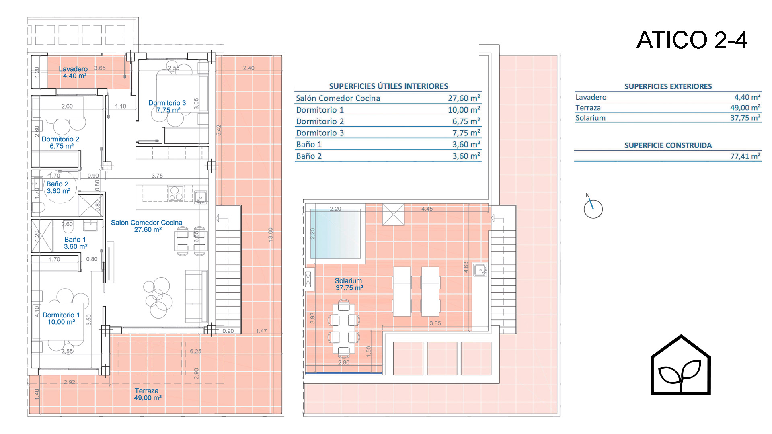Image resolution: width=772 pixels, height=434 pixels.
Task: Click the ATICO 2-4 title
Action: click(x=692, y=40)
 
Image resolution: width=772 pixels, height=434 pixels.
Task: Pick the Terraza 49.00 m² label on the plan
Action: click(x=148, y=394)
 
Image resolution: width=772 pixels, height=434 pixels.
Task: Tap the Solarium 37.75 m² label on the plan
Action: click(x=349, y=284)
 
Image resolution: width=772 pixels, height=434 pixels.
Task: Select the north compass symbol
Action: click(x=593, y=208)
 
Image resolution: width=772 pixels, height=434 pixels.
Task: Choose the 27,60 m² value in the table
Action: click(x=464, y=98)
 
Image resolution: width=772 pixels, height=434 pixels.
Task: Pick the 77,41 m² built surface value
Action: click(x=745, y=156)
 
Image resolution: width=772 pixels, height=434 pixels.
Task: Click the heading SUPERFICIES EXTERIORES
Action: click(x=668, y=86)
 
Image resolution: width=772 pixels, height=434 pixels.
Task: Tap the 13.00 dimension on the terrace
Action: click(x=271, y=234)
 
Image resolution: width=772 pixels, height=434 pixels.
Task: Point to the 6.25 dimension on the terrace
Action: click(x=196, y=351)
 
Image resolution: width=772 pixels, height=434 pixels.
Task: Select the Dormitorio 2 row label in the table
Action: click(x=320, y=121)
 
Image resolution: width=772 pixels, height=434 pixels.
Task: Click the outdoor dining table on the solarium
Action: click(x=344, y=328)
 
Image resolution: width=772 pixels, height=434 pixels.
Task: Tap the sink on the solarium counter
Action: click(x=480, y=270)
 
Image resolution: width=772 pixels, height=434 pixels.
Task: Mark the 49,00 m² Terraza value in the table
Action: click(x=745, y=107)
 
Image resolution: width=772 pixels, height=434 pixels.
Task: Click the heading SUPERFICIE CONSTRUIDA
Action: click(x=668, y=145)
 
